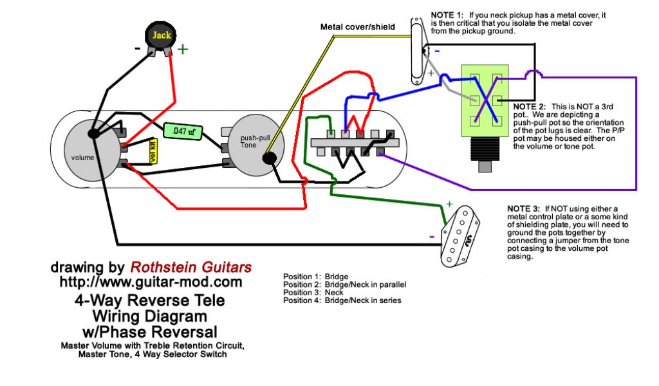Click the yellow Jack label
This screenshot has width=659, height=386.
[x=162, y=35]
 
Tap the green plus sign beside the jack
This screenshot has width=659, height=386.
[x=183, y=50]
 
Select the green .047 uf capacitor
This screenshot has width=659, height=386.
[x=183, y=131]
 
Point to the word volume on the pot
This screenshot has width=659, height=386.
[x=83, y=158]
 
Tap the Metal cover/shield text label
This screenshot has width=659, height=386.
[x=357, y=27]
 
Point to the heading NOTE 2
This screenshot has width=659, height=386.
[x=529, y=106]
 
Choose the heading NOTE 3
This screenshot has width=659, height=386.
[x=524, y=209]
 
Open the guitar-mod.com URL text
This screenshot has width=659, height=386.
[x=151, y=282]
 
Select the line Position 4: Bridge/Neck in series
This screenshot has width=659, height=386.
[x=342, y=300]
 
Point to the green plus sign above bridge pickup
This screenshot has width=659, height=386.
[x=449, y=205]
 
